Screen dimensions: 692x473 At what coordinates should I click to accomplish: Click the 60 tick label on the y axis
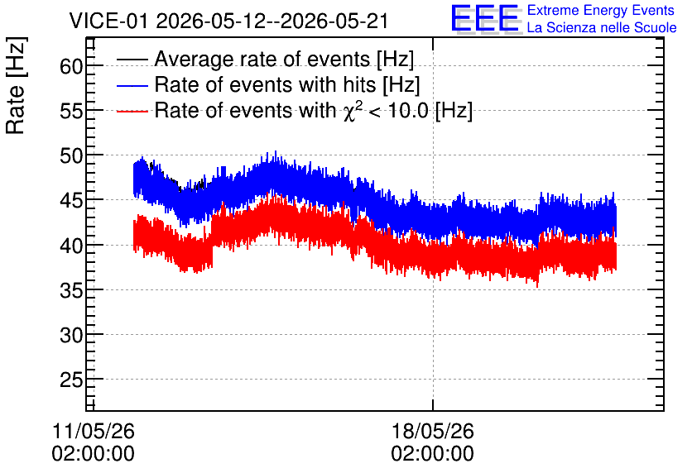[71, 66]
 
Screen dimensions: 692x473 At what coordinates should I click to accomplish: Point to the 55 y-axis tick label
[71, 111]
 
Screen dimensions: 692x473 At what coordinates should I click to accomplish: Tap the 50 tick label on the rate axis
[71, 155]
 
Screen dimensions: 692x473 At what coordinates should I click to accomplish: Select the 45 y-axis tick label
[71, 201]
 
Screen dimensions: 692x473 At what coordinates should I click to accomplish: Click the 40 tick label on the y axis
[71, 246]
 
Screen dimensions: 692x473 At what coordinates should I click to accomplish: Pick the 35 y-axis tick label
[71, 290]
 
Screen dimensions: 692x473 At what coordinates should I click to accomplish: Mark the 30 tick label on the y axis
[71, 336]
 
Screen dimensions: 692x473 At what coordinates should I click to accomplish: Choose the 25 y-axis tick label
[71, 380]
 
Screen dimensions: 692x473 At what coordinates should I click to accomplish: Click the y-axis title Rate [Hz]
[16, 85]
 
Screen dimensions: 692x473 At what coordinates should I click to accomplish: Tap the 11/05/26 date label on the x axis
[93, 431]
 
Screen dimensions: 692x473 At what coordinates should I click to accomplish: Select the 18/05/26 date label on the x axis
[432, 431]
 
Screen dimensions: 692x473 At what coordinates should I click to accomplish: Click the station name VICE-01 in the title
[108, 21]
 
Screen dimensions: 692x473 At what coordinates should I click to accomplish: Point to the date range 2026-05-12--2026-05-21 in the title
[272, 21]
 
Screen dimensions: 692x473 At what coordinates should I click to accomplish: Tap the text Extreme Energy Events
[601, 10]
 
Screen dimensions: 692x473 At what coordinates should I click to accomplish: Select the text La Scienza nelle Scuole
[602, 28]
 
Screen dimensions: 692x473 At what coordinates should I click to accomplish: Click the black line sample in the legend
[132, 60]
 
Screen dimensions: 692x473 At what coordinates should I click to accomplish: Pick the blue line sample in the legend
[132, 85]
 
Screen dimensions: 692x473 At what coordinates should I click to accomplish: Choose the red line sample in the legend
[132, 111]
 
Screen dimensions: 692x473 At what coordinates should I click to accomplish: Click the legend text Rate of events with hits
[265, 84]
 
